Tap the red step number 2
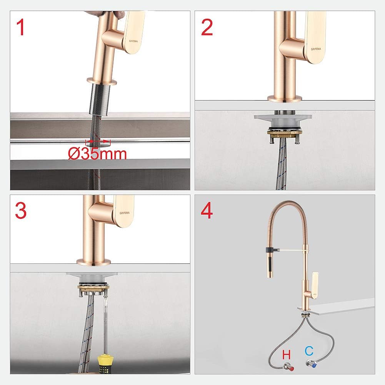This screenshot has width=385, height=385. coord(207,27)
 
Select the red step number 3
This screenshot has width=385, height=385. coord(21,211)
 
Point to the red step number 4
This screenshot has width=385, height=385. coord(207,211)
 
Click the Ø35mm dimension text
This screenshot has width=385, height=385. coord(97,154)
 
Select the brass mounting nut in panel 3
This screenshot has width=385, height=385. coord(93,287)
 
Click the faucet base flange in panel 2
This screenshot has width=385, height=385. coord(285,98)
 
